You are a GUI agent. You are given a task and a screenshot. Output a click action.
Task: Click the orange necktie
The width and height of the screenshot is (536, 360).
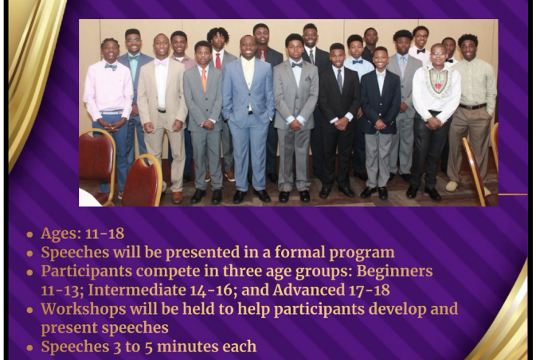(x=204, y=80)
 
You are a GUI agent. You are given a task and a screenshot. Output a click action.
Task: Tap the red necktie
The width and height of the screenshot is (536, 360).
(x=217, y=61)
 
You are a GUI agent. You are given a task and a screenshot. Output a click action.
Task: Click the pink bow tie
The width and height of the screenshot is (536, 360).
(x=160, y=63)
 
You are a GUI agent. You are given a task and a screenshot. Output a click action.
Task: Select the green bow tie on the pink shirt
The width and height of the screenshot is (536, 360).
(x=111, y=67)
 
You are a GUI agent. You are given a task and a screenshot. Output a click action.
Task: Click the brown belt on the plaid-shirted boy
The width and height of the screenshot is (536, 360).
(x=473, y=106)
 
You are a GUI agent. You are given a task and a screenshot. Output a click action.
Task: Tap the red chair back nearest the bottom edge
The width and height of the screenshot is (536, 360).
(x=141, y=181)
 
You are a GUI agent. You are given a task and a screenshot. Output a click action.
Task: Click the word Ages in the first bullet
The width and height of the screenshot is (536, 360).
(x=61, y=234)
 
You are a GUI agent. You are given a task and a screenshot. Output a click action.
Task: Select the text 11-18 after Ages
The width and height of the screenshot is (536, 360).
(x=104, y=234)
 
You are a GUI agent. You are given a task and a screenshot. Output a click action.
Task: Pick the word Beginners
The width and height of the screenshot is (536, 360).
(x=394, y=272)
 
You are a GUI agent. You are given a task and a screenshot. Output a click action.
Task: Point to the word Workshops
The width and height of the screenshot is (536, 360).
(x=84, y=309)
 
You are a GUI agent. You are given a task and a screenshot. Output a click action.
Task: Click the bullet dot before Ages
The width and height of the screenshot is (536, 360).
(x=29, y=234)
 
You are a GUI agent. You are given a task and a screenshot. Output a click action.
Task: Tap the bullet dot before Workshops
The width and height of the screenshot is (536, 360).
(x=29, y=310)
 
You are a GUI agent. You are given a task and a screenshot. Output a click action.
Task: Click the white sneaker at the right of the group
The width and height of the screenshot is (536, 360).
(x=452, y=186)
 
